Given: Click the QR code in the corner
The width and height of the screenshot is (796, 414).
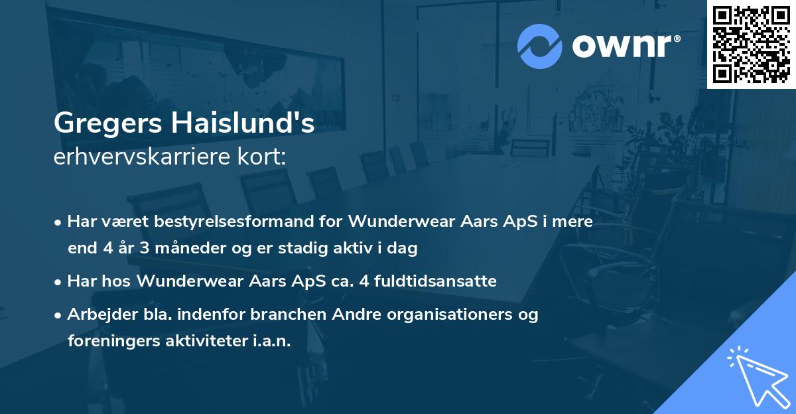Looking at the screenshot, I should click(752, 44).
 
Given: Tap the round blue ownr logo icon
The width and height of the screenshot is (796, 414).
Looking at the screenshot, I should click(539, 46).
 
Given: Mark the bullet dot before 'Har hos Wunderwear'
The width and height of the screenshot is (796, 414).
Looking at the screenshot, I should click(60, 281).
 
